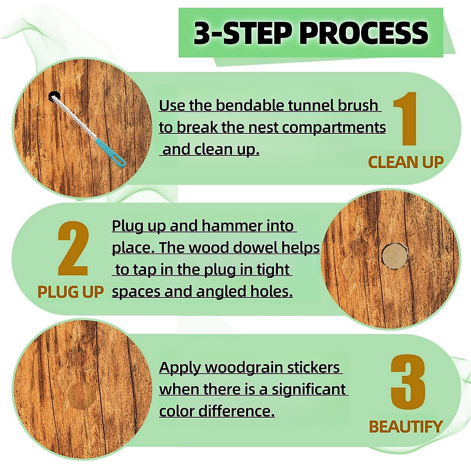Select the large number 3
408,383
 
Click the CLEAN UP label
405,162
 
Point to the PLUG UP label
71,292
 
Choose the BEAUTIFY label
405,427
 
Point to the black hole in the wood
53,95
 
